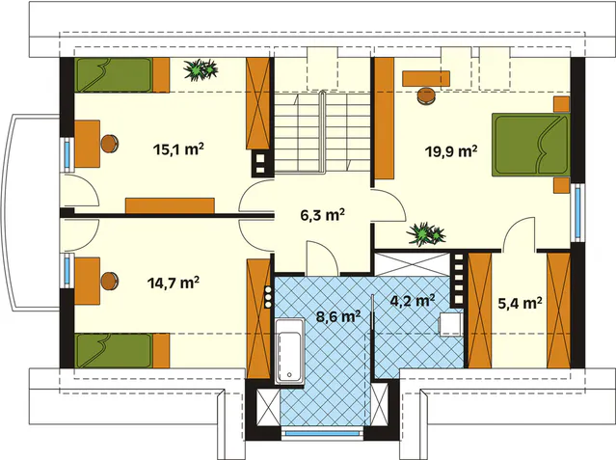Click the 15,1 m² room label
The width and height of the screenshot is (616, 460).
coord(178,149)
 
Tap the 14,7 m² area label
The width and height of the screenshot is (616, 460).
coord(174,283)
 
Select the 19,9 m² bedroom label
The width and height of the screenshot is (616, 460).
coord(451,151)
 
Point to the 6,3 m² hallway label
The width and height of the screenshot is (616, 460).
coord(323,215)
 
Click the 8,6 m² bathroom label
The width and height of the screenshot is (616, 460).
coord(338,316)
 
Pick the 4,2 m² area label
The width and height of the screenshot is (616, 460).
coord(412,301)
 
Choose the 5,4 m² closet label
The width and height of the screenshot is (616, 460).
coord(521,303)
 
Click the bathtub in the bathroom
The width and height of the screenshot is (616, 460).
coord(289,351)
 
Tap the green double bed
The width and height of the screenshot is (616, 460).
coord(531,145)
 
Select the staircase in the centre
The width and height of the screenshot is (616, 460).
coord(322,132)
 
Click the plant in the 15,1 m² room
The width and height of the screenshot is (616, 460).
coord(201,70)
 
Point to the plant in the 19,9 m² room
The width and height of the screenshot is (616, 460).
coord(426,234)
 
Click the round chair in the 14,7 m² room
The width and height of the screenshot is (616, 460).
coord(110,282)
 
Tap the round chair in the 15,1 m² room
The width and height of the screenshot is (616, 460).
coord(110,144)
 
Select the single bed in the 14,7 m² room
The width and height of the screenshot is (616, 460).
coord(122,351)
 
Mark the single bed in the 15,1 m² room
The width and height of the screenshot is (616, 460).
coord(122,75)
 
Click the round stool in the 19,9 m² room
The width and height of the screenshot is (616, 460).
coord(426,96)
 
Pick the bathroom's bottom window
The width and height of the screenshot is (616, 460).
coord(323,433)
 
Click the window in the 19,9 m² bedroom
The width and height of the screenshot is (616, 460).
coord(577,213)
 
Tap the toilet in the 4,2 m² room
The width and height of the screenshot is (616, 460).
coord(450,325)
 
